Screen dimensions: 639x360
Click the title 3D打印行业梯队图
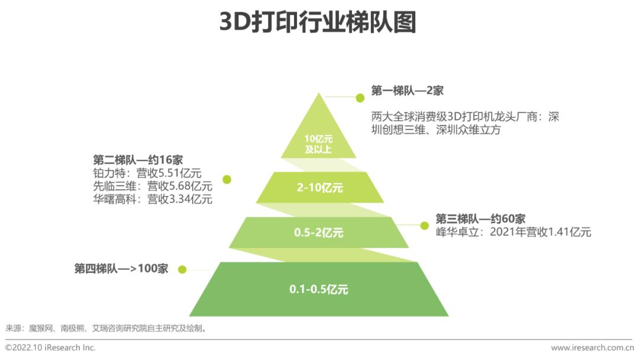tap(318, 22)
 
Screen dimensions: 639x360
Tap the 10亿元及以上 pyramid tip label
tap(318, 144)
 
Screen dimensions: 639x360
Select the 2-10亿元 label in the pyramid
tap(319, 188)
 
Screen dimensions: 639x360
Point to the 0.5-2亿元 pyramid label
tap(318, 233)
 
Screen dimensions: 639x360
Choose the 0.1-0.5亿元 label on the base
tap(318, 290)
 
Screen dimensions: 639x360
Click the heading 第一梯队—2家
tap(407, 91)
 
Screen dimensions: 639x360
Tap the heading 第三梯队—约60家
tap(480, 218)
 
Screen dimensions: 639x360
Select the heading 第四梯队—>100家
tap(121, 268)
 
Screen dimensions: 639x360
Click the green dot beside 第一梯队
tap(358, 97)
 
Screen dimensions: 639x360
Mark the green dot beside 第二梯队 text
tap(227, 179)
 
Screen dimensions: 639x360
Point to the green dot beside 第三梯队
tap(424, 225)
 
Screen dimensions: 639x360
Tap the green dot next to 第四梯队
tap(182, 269)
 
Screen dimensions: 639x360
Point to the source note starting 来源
tap(106, 327)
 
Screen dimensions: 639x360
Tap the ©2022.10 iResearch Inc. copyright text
tap(50, 348)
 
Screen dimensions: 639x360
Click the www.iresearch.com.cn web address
tap(592, 348)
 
